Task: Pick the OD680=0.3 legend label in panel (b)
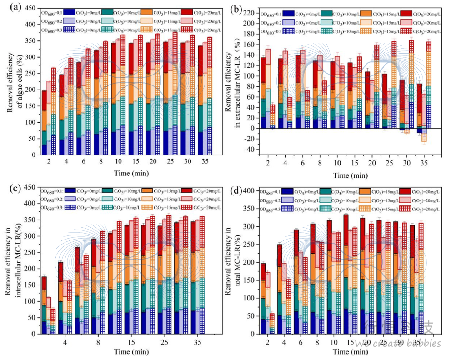(x=271, y=30)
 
